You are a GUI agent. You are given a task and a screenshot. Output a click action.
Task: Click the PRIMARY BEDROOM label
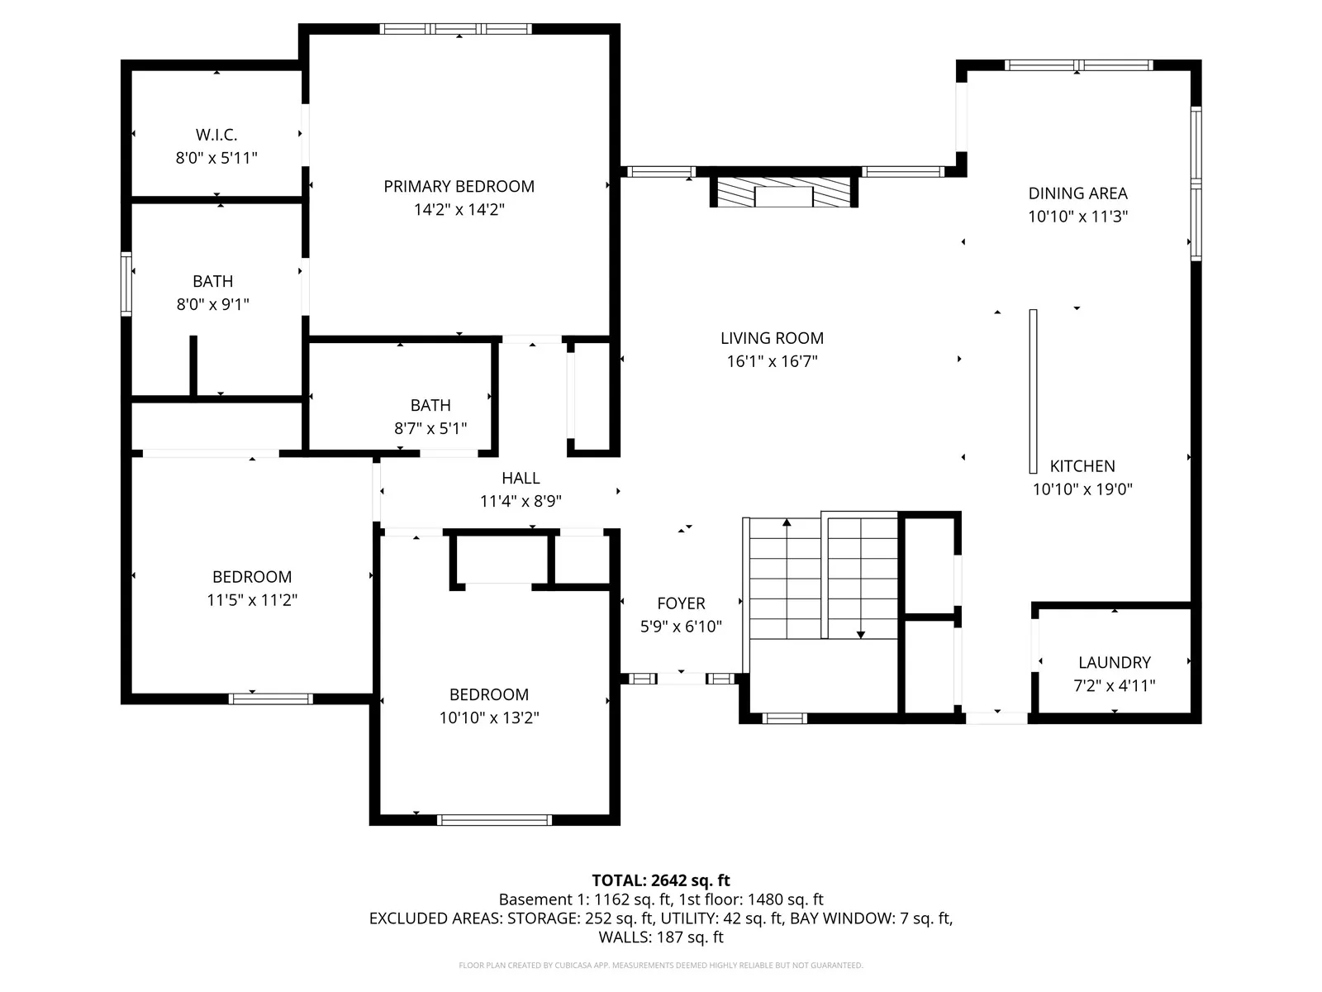click(x=459, y=187)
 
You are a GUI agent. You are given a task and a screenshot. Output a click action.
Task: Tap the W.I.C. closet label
click(x=216, y=135)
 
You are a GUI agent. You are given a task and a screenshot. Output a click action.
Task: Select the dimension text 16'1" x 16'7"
click(x=772, y=361)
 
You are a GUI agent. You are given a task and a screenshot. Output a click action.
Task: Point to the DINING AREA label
click(x=1077, y=194)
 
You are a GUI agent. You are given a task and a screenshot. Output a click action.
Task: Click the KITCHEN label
click(x=1082, y=466)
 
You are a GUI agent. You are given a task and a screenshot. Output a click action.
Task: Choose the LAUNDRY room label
click(x=1115, y=662)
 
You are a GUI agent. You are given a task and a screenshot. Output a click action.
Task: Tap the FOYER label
click(x=681, y=603)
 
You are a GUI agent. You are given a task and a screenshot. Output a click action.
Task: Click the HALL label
click(x=521, y=479)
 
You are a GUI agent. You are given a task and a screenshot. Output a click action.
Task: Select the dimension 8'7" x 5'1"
click(x=430, y=428)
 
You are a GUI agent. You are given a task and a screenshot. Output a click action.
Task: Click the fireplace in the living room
click(x=783, y=192)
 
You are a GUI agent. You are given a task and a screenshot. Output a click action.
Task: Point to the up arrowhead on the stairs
click(x=787, y=522)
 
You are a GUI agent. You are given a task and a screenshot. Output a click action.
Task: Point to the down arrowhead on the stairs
click(x=861, y=635)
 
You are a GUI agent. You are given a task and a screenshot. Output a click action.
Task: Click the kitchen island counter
click(x=1033, y=392)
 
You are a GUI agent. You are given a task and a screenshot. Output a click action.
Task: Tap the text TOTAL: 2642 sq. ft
click(x=661, y=880)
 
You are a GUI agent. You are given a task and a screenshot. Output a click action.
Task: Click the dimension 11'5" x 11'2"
click(x=252, y=600)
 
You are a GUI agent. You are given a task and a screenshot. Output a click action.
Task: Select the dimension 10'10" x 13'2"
click(x=489, y=718)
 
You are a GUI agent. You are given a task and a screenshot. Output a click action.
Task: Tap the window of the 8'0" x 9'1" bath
click(x=126, y=284)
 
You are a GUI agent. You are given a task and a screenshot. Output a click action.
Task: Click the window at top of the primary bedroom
click(x=455, y=29)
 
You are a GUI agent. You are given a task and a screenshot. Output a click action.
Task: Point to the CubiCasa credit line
click(x=661, y=966)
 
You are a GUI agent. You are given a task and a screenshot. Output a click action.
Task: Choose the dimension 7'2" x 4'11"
click(x=1115, y=685)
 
